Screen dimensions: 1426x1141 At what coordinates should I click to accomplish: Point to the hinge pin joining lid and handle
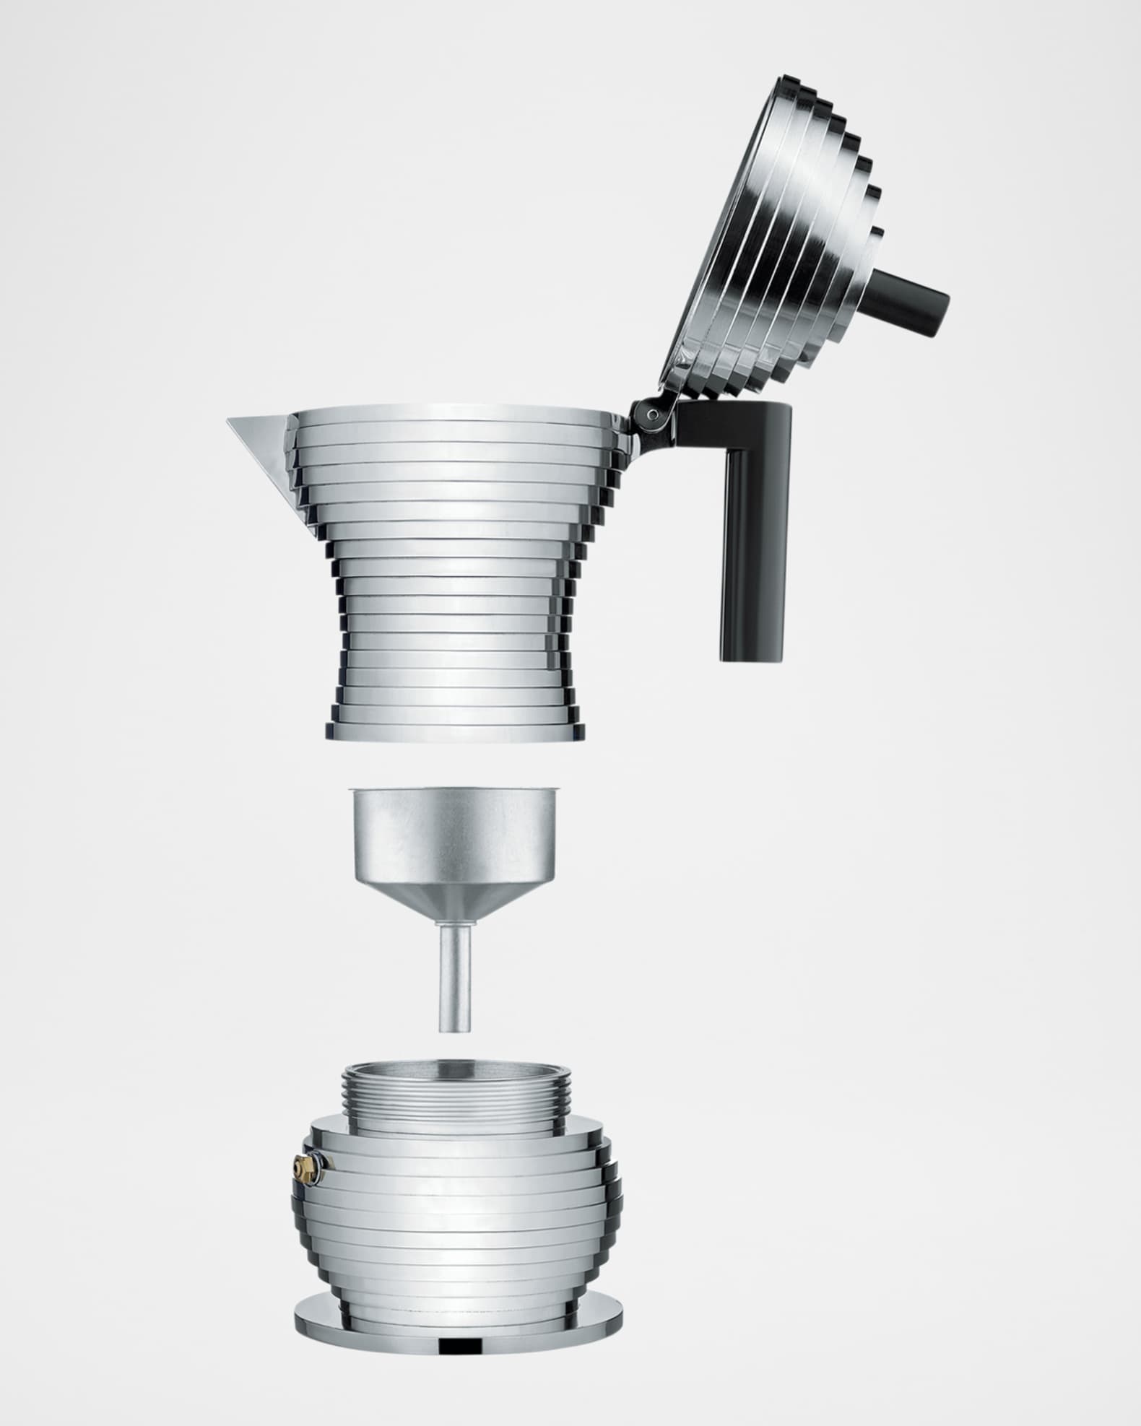coord(653,414)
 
